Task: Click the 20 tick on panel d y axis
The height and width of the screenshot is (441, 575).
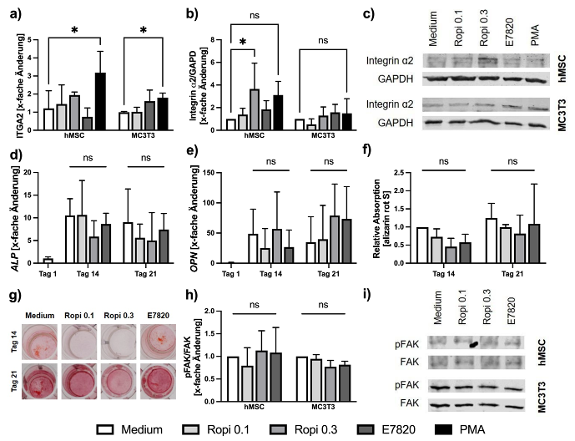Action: pos(33,173)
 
